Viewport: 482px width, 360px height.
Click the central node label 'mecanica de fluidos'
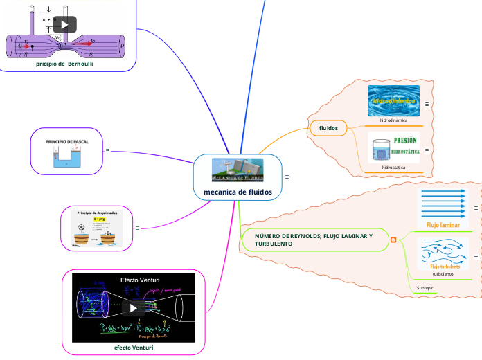click(238, 192)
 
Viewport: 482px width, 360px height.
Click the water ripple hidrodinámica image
click(393, 100)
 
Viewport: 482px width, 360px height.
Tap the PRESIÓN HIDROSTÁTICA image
click(393, 148)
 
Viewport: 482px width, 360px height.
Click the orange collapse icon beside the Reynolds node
click(393, 240)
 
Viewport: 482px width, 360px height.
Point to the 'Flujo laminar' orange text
click(443, 225)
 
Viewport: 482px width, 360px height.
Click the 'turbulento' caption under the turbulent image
click(442, 273)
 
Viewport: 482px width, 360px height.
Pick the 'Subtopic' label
click(425, 287)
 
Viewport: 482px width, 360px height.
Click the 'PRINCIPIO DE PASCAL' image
click(67, 151)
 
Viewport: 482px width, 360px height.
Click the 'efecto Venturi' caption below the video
click(134, 348)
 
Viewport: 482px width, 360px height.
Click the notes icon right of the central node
click(287, 177)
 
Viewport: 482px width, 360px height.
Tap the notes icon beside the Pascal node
click(107, 150)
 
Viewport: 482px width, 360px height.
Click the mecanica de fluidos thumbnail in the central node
click(238, 170)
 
